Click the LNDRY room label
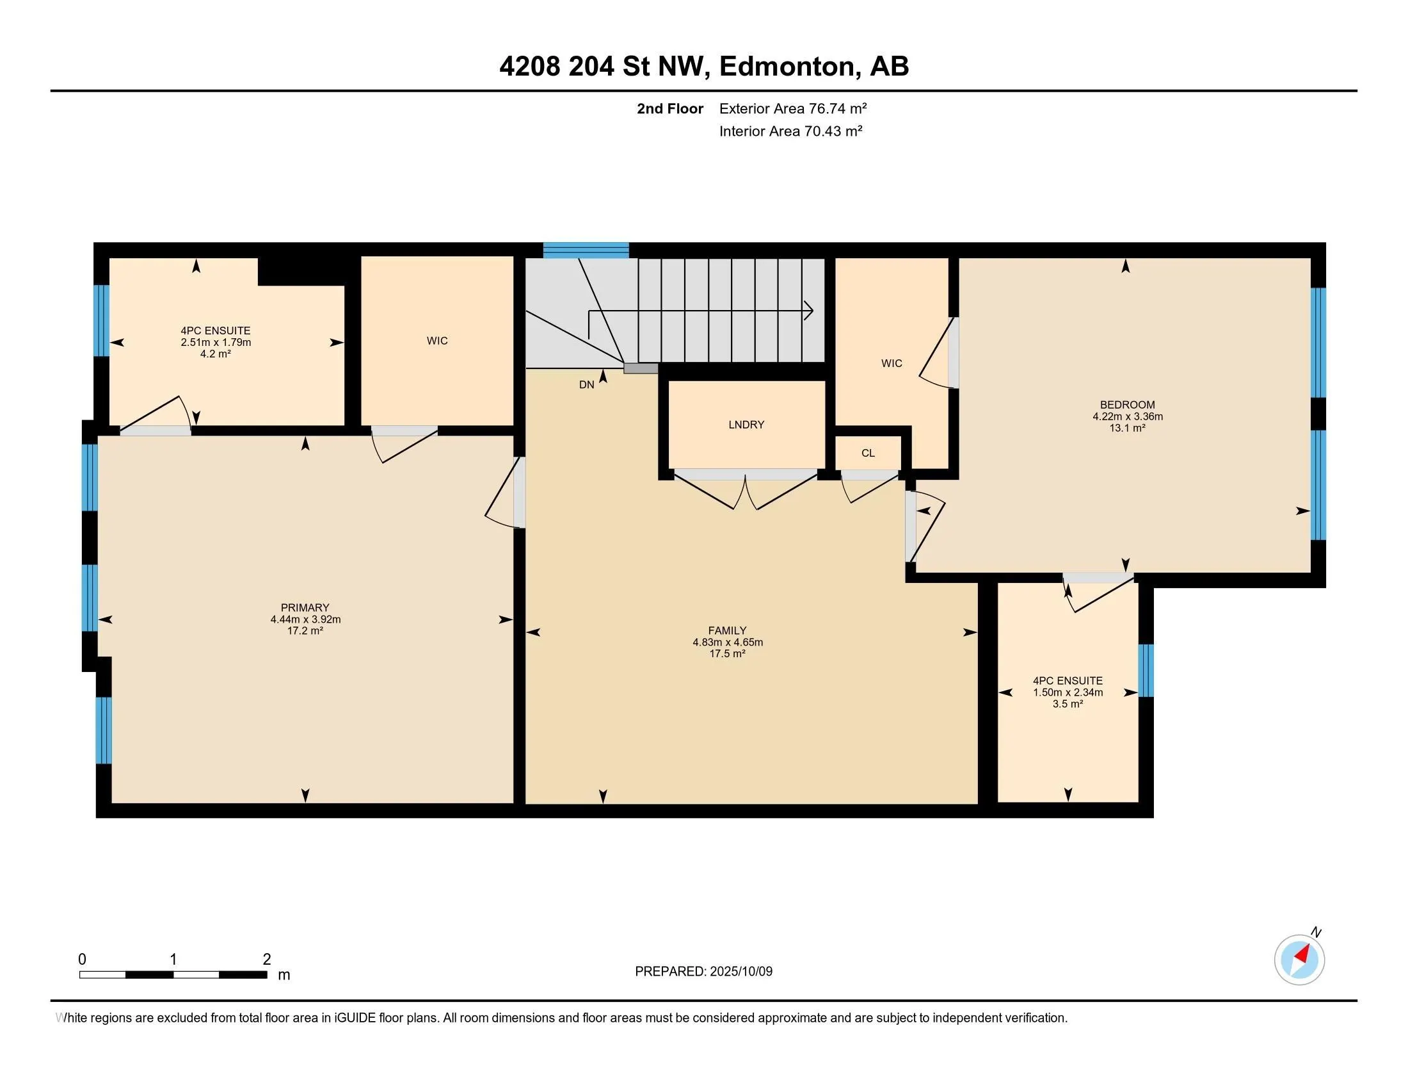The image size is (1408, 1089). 746,425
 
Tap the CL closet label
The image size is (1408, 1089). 868,453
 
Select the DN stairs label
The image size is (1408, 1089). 587,384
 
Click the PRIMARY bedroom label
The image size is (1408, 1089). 305,607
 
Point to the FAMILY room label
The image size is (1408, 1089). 727,630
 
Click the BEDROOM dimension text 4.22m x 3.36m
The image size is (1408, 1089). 1128,417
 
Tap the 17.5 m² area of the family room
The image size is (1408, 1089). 727,653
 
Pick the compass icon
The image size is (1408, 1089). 1299,960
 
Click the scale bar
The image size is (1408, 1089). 173,974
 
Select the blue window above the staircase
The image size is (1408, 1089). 586,250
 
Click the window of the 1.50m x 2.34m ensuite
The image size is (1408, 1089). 1146,670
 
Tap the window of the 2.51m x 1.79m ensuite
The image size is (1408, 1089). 101,321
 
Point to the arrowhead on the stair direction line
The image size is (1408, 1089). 808,311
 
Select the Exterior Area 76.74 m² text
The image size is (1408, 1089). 793,108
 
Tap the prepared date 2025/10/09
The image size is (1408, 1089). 740,971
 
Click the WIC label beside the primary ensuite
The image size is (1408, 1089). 437,341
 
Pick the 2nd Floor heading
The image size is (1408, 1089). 670,108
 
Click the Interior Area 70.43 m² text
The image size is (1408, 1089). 791,131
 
